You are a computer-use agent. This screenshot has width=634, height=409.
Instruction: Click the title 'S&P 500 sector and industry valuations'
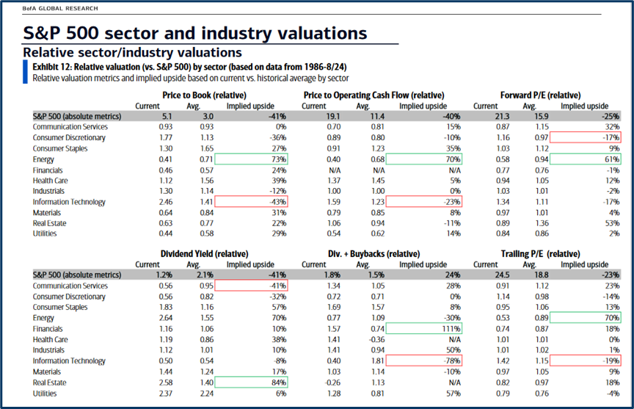tap(195, 34)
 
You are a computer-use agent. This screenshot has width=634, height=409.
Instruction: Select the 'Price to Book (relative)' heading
tap(204, 95)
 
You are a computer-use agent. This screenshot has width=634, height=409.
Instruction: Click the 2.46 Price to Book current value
tap(148, 202)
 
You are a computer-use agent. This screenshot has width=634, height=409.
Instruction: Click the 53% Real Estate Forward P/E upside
tap(611, 223)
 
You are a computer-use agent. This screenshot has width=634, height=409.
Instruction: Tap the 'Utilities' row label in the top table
tap(45, 234)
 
